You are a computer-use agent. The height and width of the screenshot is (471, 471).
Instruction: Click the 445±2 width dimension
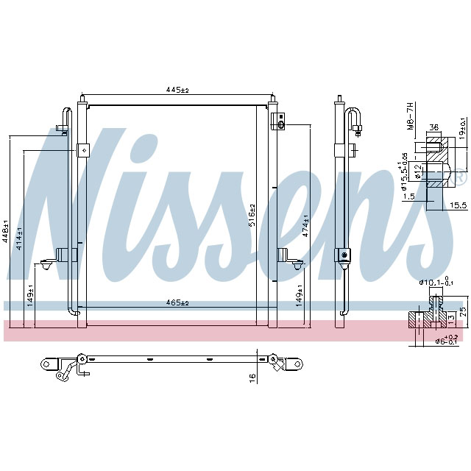(x=177, y=90)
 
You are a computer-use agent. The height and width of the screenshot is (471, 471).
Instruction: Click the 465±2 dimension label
(x=177, y=302)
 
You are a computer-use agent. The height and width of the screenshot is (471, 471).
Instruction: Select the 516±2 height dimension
(x=252, y=216)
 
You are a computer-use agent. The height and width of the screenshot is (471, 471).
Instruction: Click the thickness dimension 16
(x=252, y=377)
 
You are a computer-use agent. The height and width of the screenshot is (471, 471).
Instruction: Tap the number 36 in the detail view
(x=434, y=128)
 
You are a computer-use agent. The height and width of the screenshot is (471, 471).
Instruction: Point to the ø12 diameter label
(x=418, y=171)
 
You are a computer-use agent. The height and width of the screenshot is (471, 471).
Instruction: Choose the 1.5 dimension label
(x=409, y=196)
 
